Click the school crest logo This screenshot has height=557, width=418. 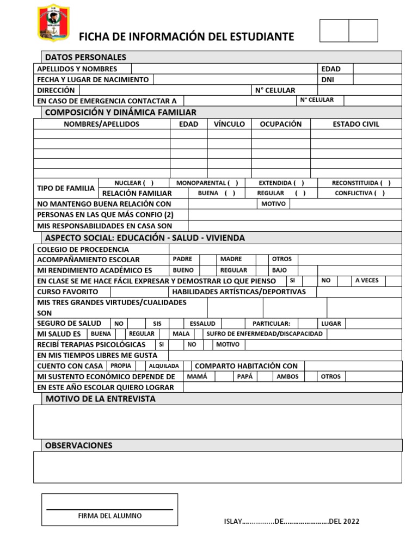point(53,23)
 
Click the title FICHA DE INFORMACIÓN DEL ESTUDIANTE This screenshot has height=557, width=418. point(187,37)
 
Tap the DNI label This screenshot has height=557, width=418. point(328,79)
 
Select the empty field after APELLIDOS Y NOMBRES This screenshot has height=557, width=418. point(224,69)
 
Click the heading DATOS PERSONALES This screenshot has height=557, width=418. point(85,57)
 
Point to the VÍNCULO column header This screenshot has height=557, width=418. point(229,124)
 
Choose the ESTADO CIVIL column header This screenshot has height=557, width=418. point(356,124)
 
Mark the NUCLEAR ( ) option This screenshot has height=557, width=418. point(134,183)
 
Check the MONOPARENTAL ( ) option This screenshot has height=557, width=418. point(207,183)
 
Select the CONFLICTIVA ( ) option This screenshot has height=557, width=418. point(360,193)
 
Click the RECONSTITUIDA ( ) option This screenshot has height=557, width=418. point(361,183)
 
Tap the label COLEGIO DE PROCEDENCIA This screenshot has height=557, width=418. point(83,249)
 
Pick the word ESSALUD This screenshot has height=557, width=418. point(202,323)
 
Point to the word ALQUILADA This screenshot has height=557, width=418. point(164,366)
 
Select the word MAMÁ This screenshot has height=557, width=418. point(197,376)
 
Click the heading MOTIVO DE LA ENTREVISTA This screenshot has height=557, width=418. point(100,399)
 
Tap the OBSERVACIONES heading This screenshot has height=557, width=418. point(79,445)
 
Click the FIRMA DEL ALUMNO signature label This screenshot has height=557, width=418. point(110,516)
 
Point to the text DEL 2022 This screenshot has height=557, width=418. point(344,522)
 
